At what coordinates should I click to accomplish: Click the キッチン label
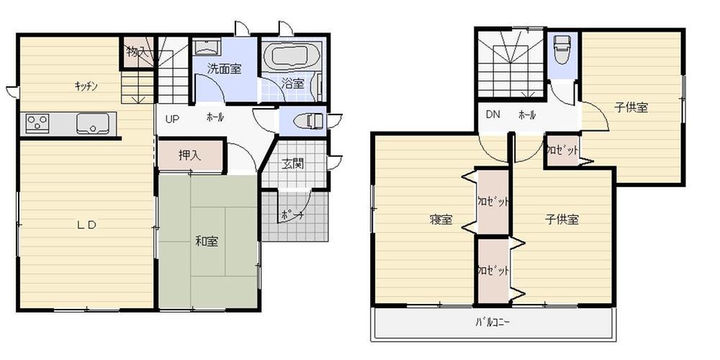pyautogui.click(x=86, y=86)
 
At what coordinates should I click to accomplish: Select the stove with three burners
pyautogui.click(x=37, y=123)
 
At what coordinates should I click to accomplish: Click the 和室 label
pyautogui.click(x=207, y=241)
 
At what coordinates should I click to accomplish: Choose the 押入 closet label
pyautogui.click(x=190, y=155)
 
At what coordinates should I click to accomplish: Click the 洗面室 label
pyautogui.click(x=224, y=68)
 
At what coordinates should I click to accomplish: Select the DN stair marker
pyautogui.click(x=492, y=114)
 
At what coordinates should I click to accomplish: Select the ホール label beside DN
pyautogui.click(x=527, y=114)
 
